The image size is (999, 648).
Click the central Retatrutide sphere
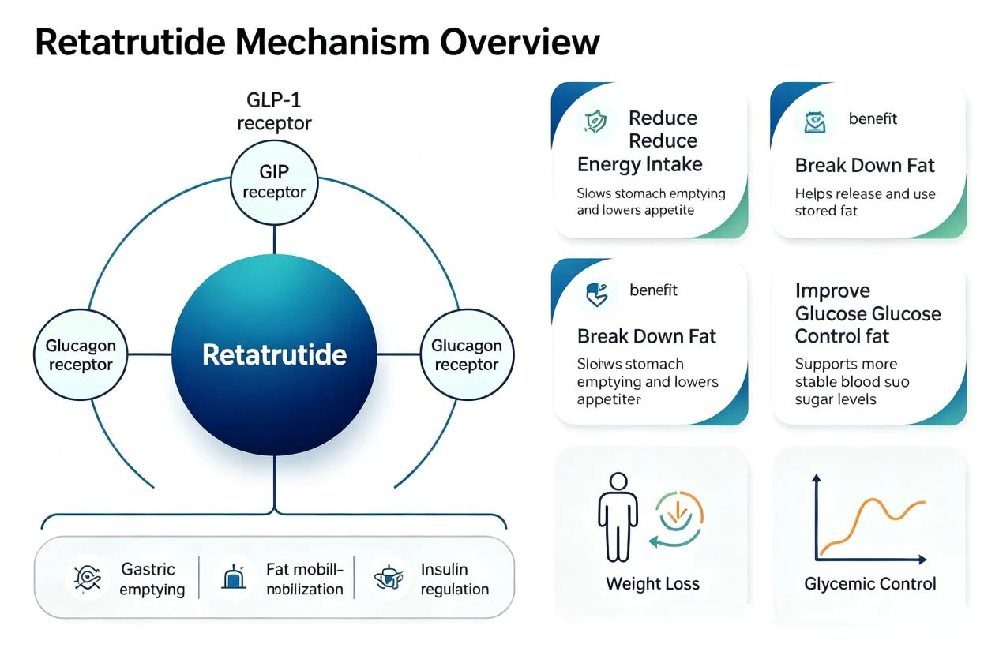[x=274, y=354]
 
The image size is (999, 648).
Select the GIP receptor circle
[x=274, y=183]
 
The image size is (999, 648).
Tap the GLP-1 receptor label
[x=274, y=111]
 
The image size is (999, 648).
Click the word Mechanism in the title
[x=332, y=43]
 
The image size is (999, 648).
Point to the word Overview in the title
[x=520, y=43]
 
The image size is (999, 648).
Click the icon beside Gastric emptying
[x=88, y=579]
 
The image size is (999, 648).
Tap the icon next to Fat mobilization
[x=234, y=577]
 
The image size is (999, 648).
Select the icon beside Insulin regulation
[x=389, y=578]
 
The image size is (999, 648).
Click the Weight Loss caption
[x=652, y=583]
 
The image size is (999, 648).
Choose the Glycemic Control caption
[x=870, y=583]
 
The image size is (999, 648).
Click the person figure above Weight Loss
[x=618, y=517]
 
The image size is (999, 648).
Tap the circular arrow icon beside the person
[x=677, y=519]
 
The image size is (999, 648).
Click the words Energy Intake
[x=640, y=164]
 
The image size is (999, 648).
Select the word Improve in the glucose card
[x=832, y=290]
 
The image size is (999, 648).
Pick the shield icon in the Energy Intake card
[x=595, y=122]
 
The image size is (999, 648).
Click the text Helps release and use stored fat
[x=866, y=202]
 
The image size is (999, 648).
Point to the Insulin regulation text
[x=454, y=579]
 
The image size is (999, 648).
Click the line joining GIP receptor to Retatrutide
[x=274, y=240]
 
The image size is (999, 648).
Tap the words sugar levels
[x=836, y=399]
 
